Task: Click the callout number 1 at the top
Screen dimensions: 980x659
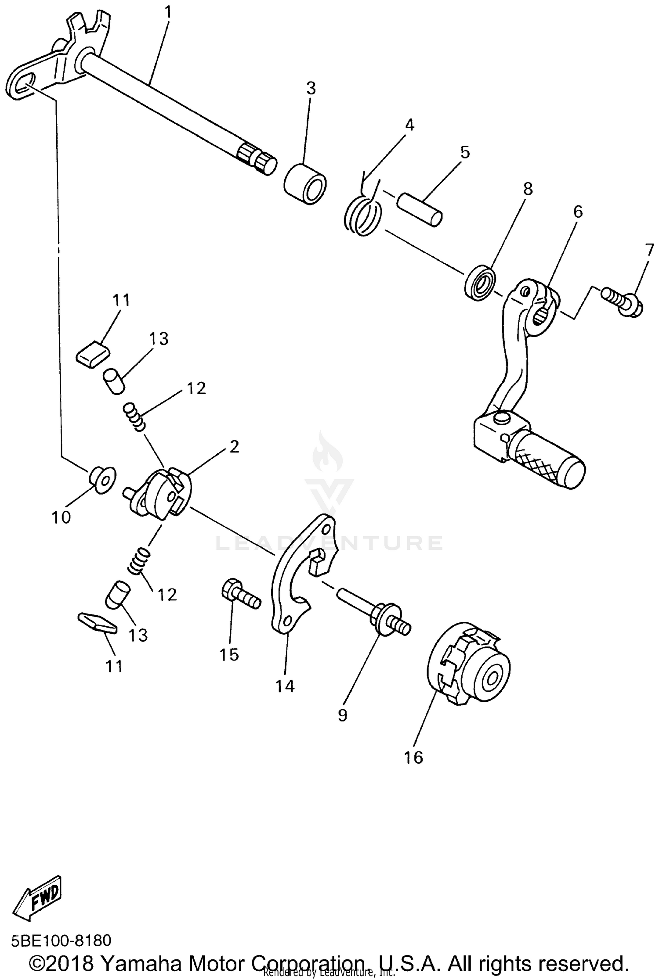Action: click(x=168, y=12)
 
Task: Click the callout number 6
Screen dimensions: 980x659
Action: click(x=578, y=212)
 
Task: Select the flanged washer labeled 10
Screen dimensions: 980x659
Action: click(x=102, y=479)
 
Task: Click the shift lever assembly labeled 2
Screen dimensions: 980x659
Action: click(x=160, y=493)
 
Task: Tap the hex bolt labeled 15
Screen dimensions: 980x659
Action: click(x=240, y=593)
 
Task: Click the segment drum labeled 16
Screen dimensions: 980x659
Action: click(x=470, y=662)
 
